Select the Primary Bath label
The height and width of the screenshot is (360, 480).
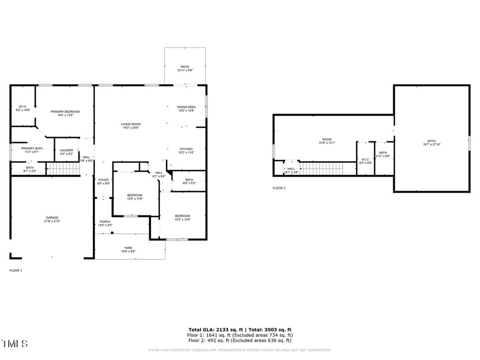[x=32, y=150]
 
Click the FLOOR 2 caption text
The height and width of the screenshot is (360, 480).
[x=279, y=188]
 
